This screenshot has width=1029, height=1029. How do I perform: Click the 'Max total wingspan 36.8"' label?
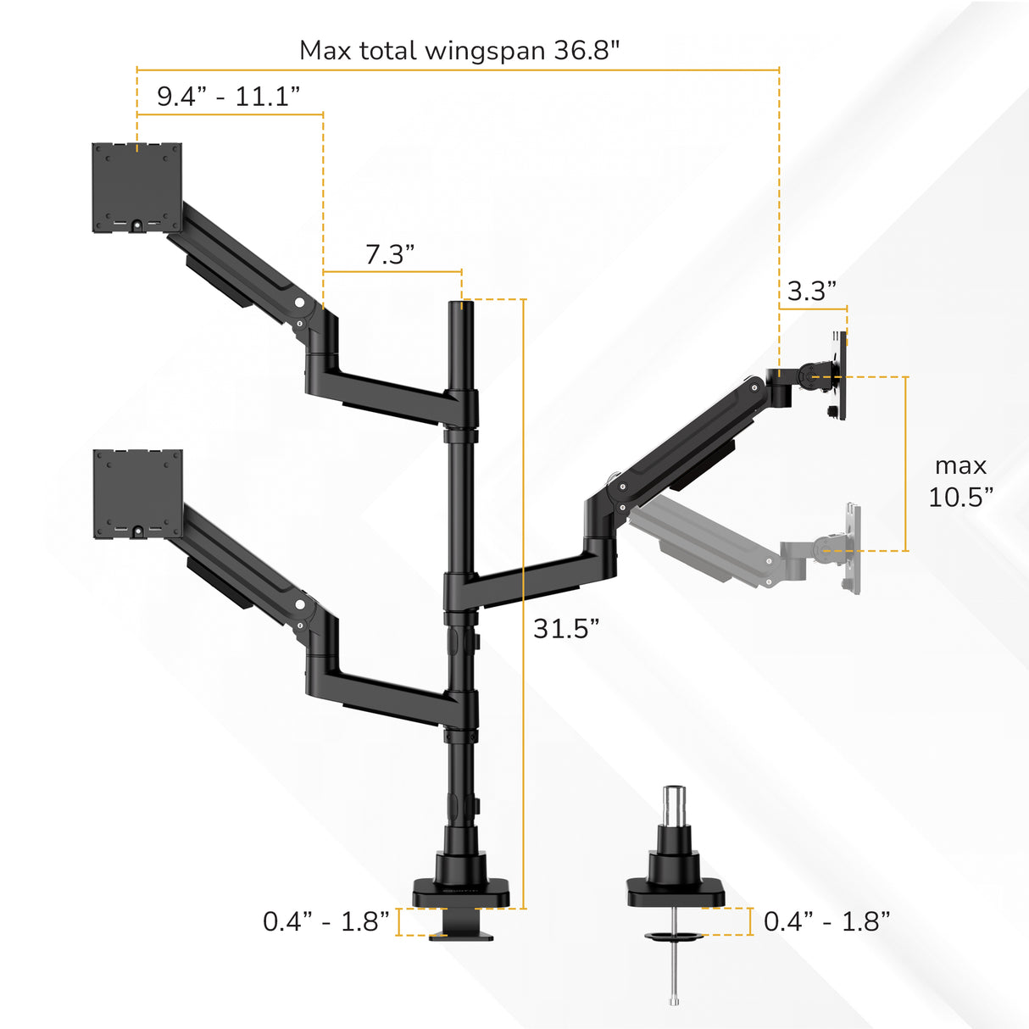[459, 50]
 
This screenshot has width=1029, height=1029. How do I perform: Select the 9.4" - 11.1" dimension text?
[228, 96]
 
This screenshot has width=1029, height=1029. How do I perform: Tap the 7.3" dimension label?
[390, 253]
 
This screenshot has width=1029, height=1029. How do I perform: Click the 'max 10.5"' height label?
[960, 481]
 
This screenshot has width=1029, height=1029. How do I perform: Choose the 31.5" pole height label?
[565, 628]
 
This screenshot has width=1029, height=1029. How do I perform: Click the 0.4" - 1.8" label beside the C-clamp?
[325, 921]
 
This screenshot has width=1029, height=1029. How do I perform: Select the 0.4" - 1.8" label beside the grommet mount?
[826, 921]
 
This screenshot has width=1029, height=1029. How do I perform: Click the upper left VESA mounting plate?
[136, 187]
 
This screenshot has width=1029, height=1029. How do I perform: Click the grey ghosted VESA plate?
[851, 548]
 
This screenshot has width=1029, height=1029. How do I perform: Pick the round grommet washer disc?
[675, 937]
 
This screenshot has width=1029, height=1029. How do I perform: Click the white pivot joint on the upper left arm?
[298, 302]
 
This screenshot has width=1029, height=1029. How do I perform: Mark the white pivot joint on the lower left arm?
[299, 604]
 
